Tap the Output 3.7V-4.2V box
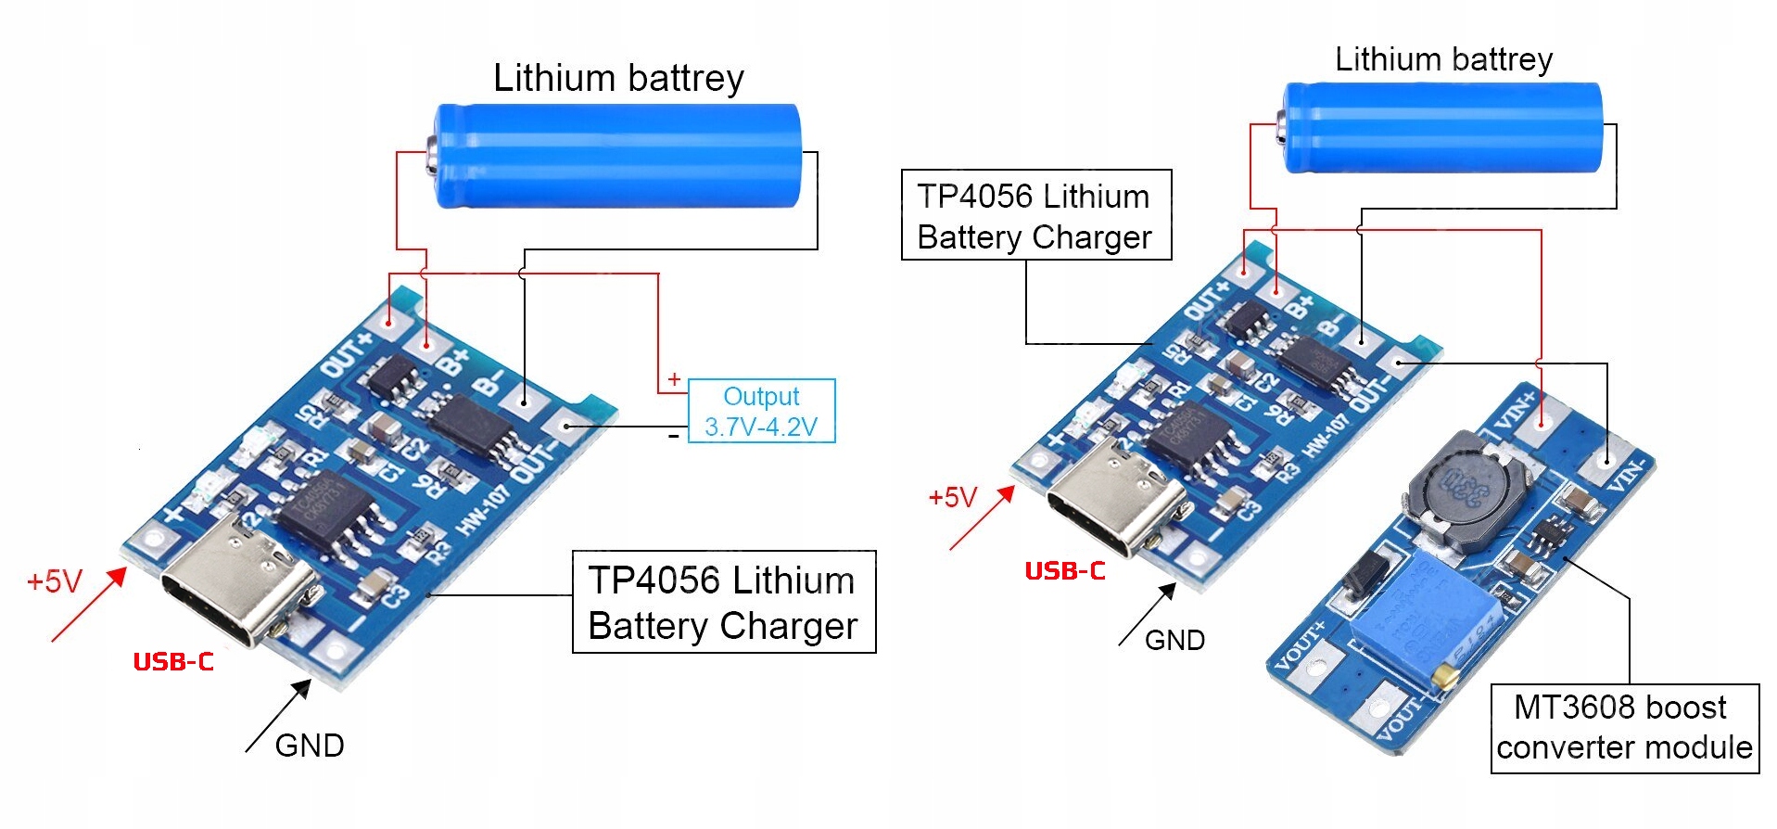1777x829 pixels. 761,411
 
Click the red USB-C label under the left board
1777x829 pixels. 173,661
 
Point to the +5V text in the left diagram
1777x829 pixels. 55,581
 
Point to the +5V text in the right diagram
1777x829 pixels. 952,498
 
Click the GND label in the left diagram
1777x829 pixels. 310,746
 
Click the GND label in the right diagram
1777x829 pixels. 1174,640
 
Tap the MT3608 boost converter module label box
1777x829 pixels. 1624,728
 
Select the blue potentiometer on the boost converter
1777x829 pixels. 1423,619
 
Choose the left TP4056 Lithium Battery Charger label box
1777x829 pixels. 723,603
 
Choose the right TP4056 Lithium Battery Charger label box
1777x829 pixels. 1035,215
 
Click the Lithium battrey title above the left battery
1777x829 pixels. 618,78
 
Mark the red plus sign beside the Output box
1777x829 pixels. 674,379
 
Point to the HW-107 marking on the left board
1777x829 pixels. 482,510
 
